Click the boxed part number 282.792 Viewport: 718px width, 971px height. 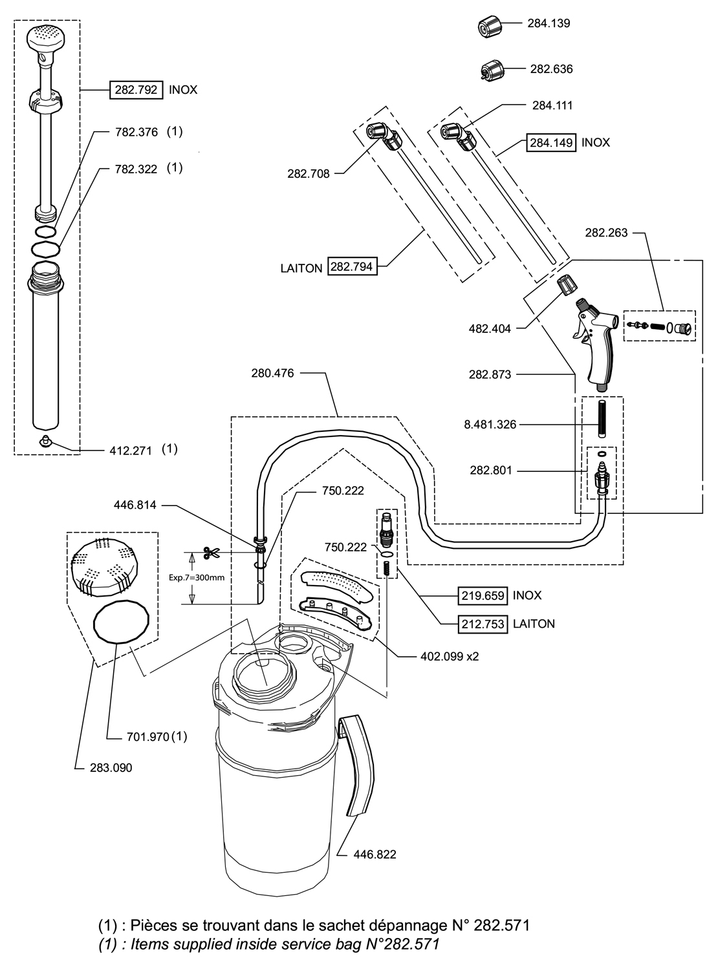click(x=136, y=90)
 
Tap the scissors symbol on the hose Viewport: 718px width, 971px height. click(x=210, y=553)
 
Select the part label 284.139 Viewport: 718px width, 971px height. click(x=549, y=23)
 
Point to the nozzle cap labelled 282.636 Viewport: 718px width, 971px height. click(x=492, y=69)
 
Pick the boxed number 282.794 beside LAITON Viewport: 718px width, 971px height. click(x=353, y=266)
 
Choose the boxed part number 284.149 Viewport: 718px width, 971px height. click(x=552, y=142)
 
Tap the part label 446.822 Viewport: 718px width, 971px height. click(x=375, y=854)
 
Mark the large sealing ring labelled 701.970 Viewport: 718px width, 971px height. click(x=122, y=622)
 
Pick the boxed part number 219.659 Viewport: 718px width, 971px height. click(x=483, y=595)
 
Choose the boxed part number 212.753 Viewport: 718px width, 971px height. click(x=483, y=624)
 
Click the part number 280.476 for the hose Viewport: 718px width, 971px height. click(x=272, y=373)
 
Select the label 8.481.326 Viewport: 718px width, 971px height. click(x=490, y=425)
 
